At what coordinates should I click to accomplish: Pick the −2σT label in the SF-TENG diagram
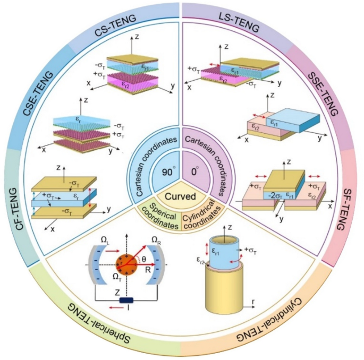(x=277, y=195)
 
